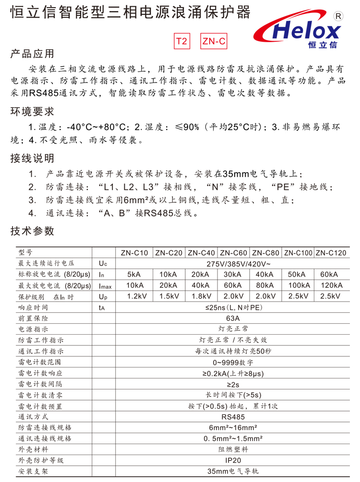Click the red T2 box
[x=181, y=41]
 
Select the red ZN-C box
[x=214, y=41]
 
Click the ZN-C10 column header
[x=134, y=253]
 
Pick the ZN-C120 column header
[x=331, y=253]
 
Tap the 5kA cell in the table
[x=134, y=274]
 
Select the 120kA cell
[x=331, y=285]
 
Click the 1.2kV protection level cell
[x=134, y=296]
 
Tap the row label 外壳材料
[x=33, y=449]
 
